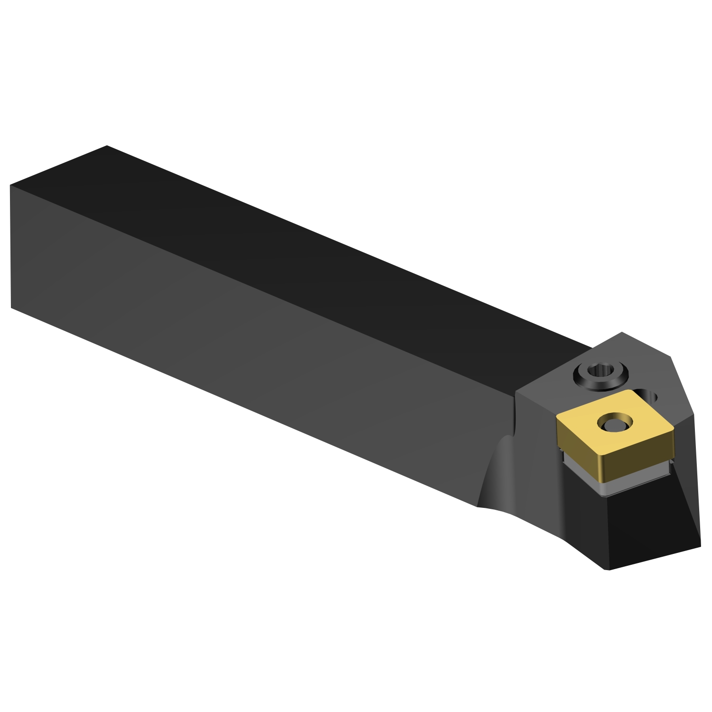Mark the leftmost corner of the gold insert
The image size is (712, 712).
(x=557, y=417)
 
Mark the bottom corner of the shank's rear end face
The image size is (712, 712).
(x=11, y=308)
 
